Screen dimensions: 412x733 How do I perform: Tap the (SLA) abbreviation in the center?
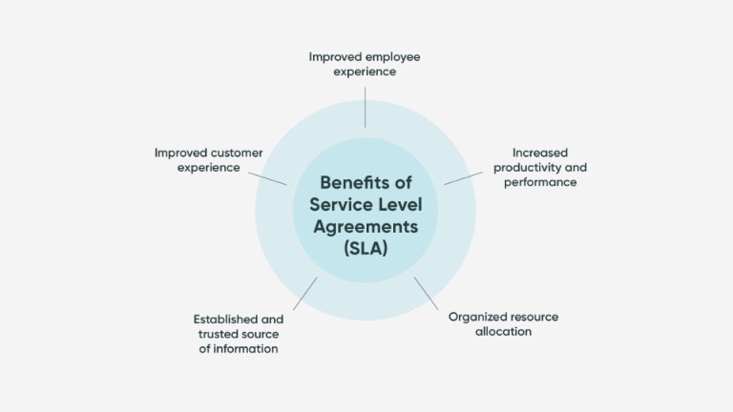tap(366, 250)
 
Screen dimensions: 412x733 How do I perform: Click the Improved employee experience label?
tap(365, 63)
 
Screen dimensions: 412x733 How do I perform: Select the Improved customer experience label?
tap(209, 159)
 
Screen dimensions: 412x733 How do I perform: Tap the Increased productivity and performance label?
tap(544, 167)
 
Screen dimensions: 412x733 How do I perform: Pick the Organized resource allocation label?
tap(503, 323)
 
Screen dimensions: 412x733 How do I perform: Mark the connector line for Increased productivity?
tap(460, 176)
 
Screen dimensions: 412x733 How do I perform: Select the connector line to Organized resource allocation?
tap(427, 297)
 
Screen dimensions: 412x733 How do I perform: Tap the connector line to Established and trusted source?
tap(304, 294)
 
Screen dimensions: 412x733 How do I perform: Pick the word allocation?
tap(503, 331)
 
